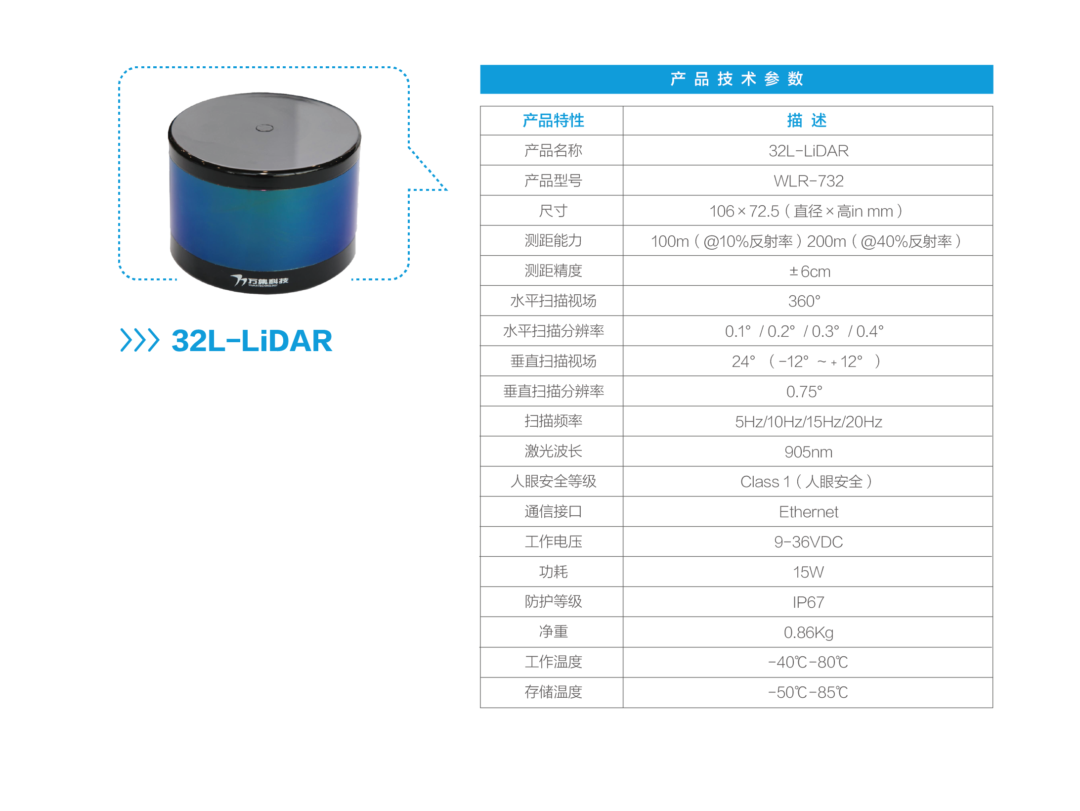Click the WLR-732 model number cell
point(808,181)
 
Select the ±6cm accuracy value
point(809,271)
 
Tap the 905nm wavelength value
point(808,452)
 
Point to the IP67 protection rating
point(808,602)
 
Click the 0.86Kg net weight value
point(808,632)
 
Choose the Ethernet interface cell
point(808,512)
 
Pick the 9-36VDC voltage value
point(808,542)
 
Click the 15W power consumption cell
point(808,572)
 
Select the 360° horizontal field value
point(804,301)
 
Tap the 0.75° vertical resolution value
point(804,392)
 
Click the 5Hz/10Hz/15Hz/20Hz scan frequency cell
point(808,422)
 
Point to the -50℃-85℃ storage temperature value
point(808,692)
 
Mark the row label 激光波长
point(553,451)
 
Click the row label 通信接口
point(553,511)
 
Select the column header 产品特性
point(553,121)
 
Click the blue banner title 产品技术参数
point(736,79)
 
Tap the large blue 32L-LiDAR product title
point(252,341)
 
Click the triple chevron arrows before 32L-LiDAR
point(140,340)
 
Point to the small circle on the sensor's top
point(264,128)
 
